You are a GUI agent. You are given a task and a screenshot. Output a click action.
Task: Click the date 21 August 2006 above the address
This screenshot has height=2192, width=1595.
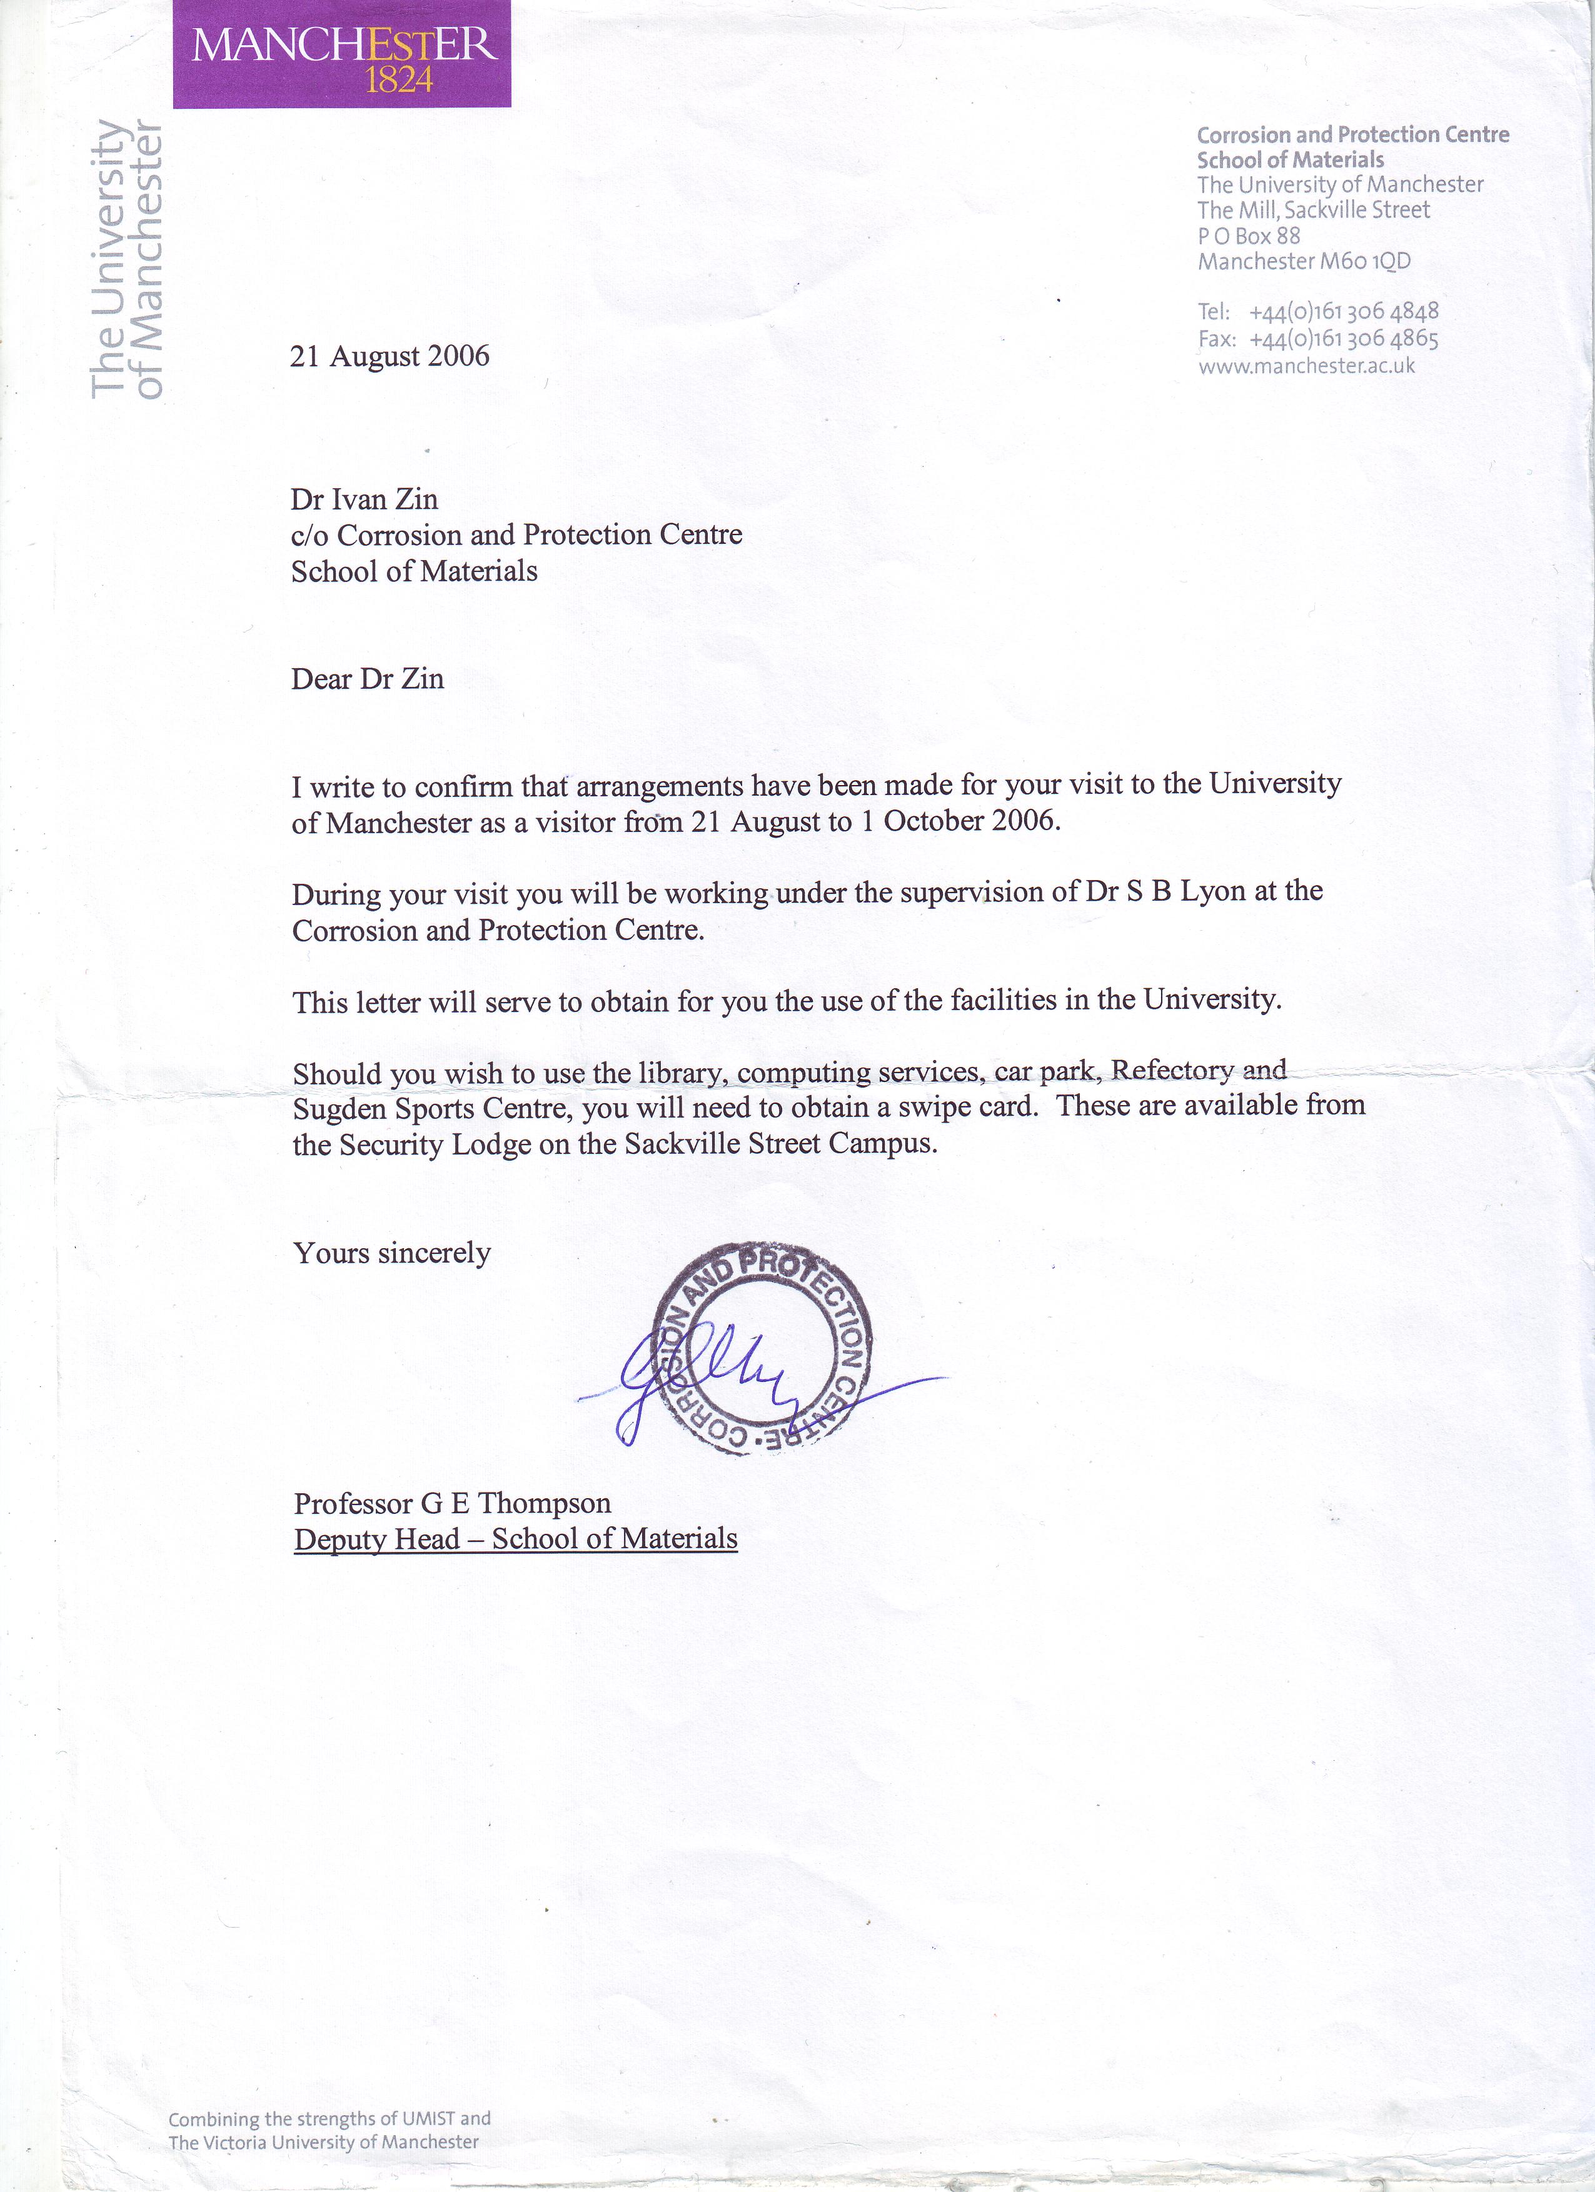click(390, 357)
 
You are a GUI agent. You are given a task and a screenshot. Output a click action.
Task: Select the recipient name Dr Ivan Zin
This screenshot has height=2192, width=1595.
click(365, 499)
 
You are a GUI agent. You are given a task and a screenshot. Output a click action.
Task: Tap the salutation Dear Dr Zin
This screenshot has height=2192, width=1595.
click(368, 679)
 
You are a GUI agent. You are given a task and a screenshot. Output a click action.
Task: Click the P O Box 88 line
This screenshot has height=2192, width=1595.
click(1249, 236)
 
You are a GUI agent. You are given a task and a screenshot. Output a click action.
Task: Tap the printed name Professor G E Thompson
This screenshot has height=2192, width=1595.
click(453, 1504)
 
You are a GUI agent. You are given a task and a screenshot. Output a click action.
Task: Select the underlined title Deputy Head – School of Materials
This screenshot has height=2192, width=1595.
click(515, 1539)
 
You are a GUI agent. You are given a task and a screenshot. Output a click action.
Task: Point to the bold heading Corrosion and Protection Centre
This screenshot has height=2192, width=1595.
click(1352, 135)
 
